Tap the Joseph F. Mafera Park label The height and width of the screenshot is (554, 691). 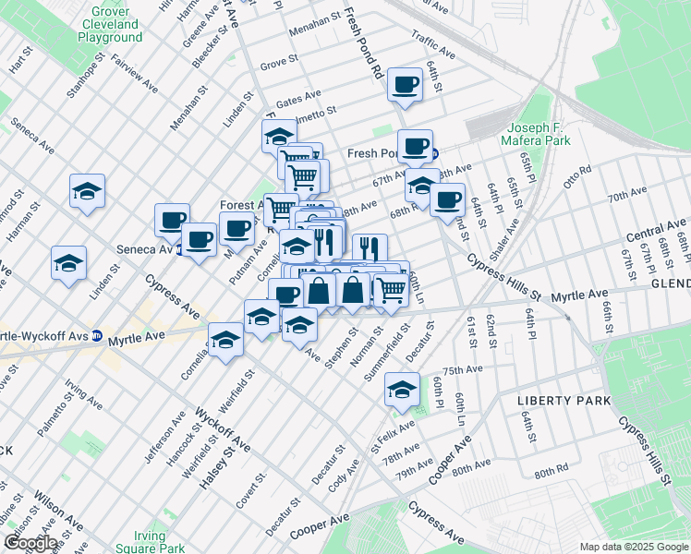[x=537, y=133]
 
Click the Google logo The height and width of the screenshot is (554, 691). [x=30, y=543]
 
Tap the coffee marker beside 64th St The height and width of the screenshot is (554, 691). [x=405, y=86]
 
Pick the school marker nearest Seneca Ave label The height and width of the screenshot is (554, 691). [x=88, y=191]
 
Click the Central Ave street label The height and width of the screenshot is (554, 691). [x=657, y=226]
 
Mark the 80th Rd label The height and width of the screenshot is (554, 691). [x=551, y=471]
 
